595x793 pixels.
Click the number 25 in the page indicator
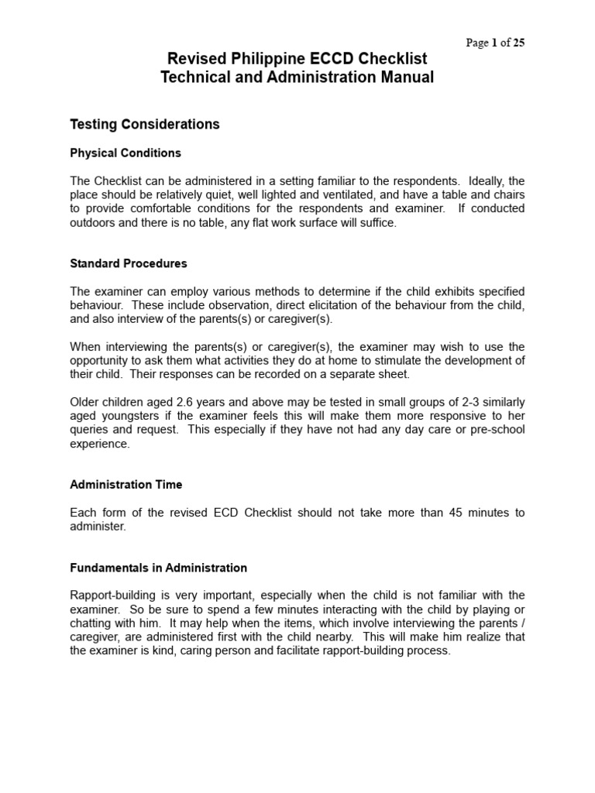[x=518, y=43]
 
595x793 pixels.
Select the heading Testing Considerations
[x=145, y=124]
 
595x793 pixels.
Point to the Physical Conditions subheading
[x=126, y=153]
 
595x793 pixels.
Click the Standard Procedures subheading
[x=129, y=263]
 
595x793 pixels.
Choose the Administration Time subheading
[x=126, y=485]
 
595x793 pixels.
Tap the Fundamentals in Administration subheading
[x=159, y=568]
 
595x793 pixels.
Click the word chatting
[x=91, y=623]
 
